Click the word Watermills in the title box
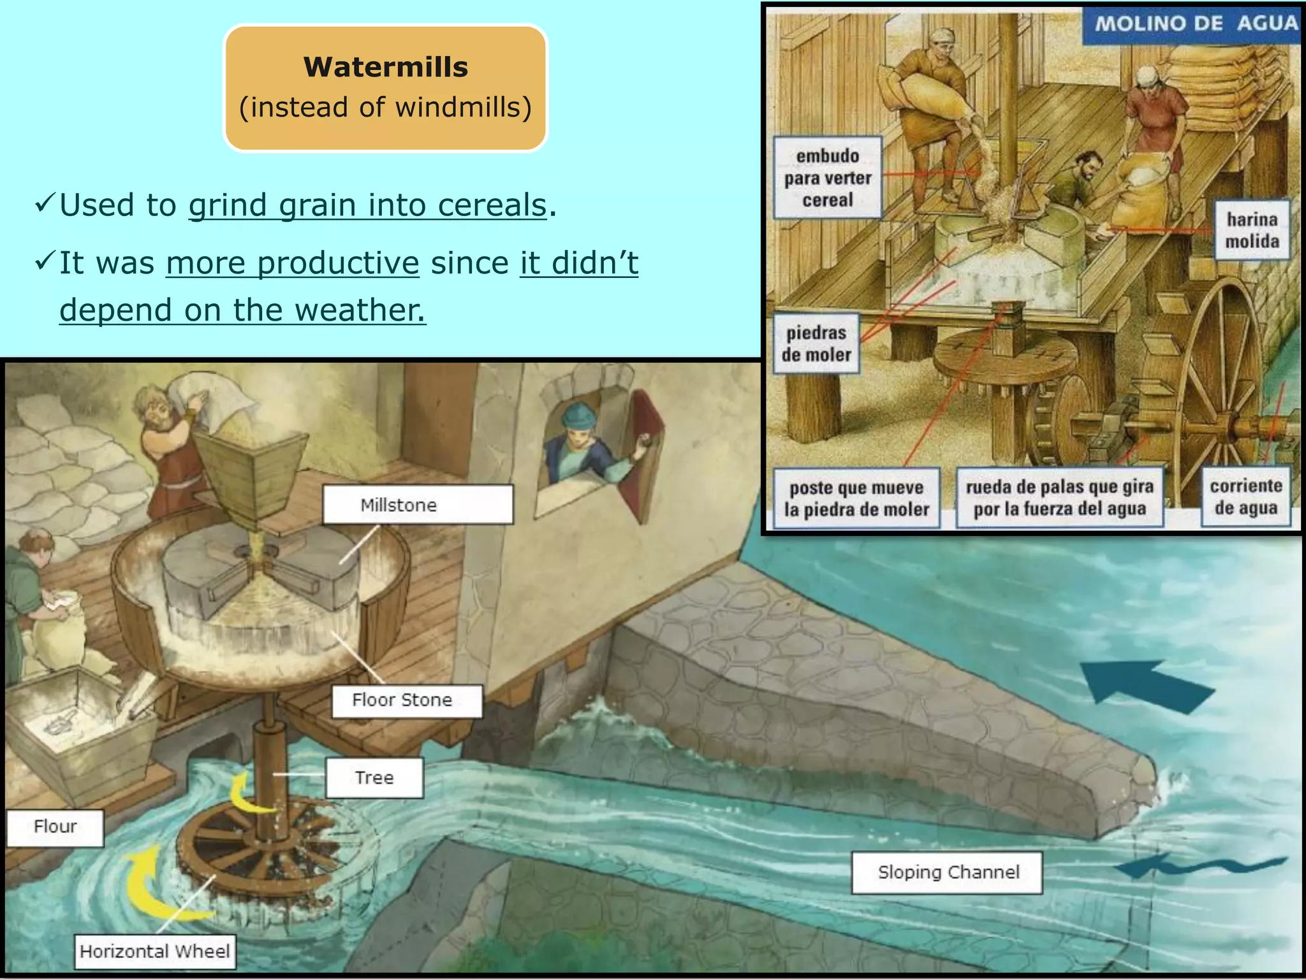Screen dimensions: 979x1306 pos(385,67)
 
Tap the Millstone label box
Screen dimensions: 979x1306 pos(417,505)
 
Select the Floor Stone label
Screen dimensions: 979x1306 pos(406,700)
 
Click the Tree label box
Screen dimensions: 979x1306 pos(374,778)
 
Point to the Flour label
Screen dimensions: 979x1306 pos(55,827)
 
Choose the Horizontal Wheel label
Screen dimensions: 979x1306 pos(155,952)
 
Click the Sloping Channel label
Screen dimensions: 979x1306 pos(948,873)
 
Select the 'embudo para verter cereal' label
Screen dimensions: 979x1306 pos(827,178)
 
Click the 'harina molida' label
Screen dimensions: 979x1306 pos(1251,230)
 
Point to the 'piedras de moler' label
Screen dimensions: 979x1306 pos(816,344)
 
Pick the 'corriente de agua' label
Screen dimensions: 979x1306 pos(1245,497)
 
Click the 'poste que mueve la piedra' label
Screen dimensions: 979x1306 pos(856,498)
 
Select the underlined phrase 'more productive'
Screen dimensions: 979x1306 pos(293,263)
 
